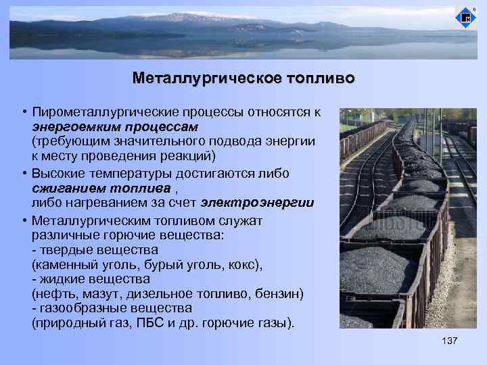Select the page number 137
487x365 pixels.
[x=449, y=340]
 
